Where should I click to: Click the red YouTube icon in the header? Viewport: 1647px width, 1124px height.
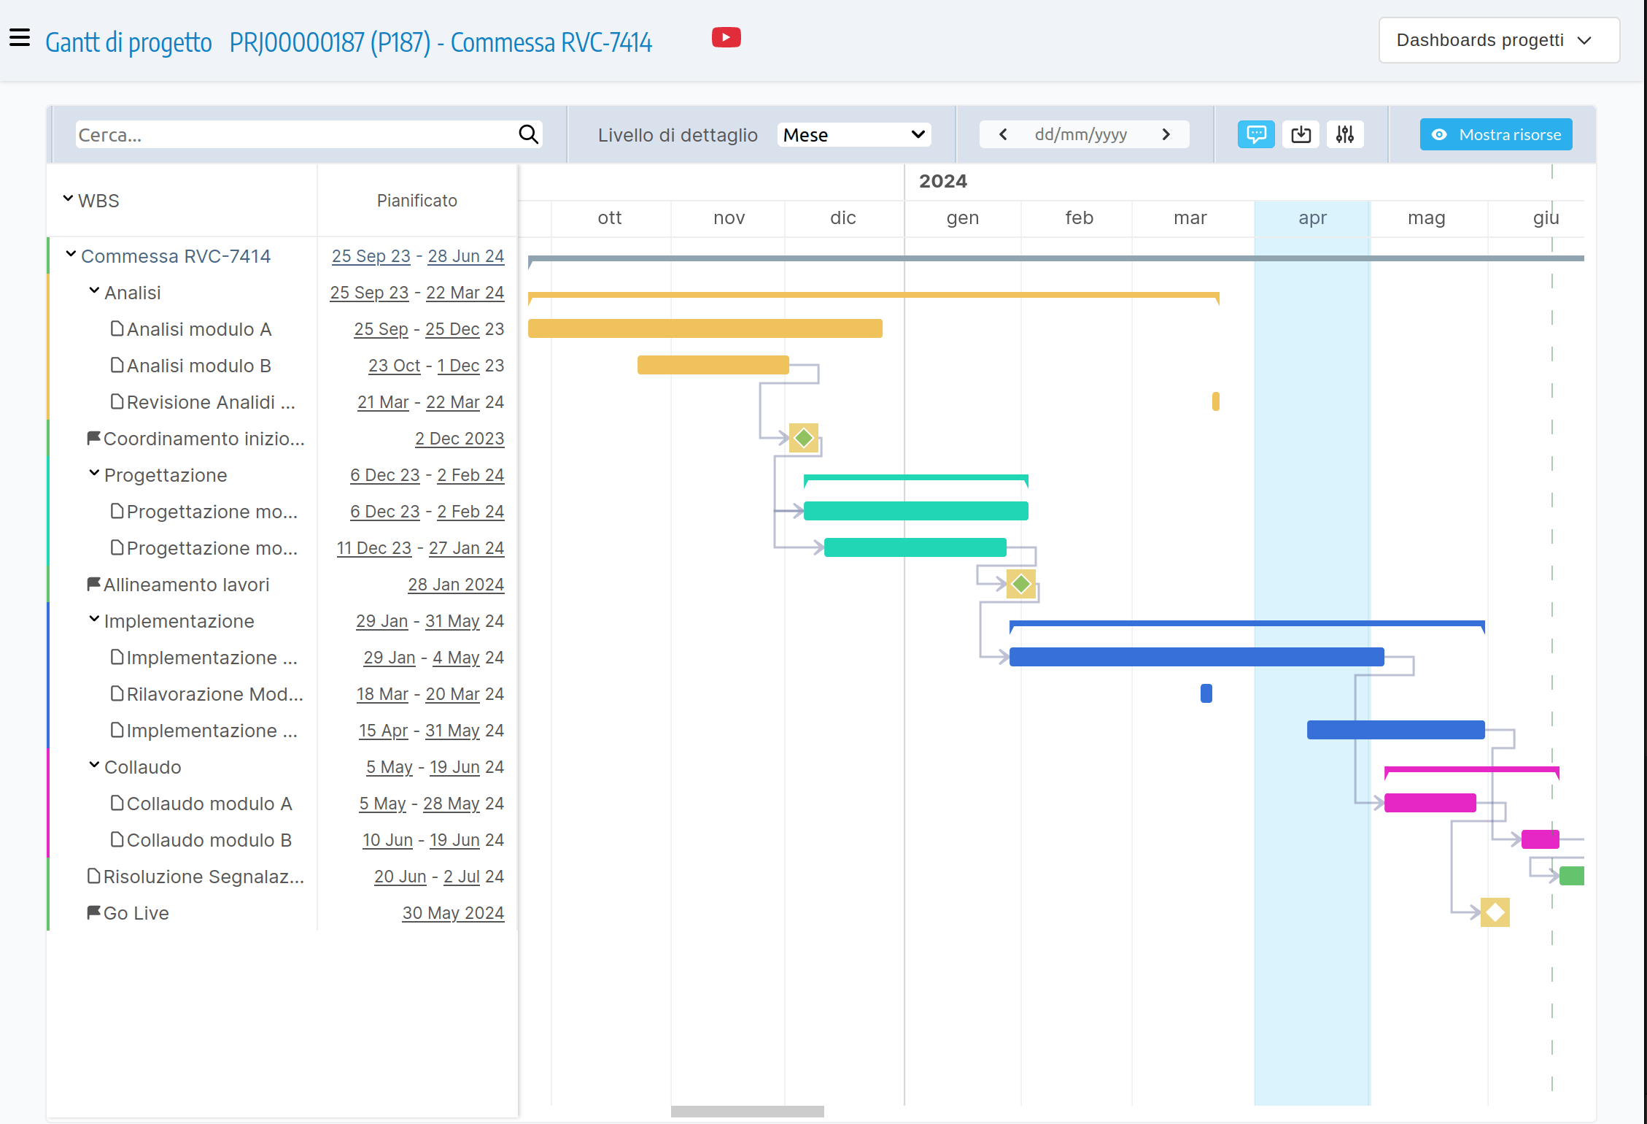tap(726, 38)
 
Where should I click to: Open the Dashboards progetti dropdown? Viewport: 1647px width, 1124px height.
tap(1498, 40)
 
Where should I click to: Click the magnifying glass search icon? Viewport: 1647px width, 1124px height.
tap(528, 134)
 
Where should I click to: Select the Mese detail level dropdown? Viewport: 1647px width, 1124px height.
tap(853, 135)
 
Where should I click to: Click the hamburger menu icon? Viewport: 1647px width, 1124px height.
tap(20, 37)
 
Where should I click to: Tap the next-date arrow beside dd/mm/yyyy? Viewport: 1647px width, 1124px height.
tap(1166, 134)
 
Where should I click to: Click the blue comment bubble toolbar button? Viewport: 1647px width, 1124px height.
tap(1255, 134)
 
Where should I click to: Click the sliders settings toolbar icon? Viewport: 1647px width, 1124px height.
tap(1344, 134)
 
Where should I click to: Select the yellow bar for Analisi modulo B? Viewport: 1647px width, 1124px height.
tap(713, 365)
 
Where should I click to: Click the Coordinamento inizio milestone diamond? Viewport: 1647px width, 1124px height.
tap(803, 438)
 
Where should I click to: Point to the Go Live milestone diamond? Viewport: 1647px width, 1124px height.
tap(1495, 912)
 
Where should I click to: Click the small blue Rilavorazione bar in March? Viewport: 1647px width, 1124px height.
tap(1206, 693)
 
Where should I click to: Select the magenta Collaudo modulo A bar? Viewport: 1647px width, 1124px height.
tap(1430, 803)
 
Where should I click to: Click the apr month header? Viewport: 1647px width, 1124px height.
tap(1311, 218)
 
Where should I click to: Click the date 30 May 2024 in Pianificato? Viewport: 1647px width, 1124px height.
tap(453, 913)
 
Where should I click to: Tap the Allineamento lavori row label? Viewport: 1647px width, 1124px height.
tap(186, 585)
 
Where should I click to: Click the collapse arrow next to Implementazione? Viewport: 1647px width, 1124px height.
tap(94, 620)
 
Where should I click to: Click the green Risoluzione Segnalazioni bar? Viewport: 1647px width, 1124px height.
tap(1571, 876)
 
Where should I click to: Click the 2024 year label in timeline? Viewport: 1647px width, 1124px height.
tap(942, 181)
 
